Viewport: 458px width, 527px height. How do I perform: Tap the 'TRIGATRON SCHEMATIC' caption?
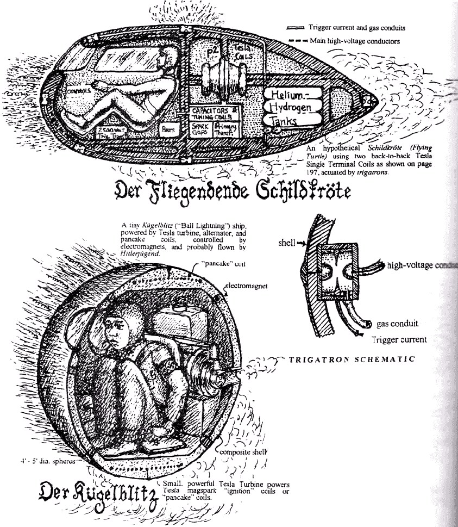click(x=352, y=359)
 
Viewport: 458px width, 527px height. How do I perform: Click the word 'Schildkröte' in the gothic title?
click(x=288, y=191)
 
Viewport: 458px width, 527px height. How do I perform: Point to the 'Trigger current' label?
click(x=399, y=340)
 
